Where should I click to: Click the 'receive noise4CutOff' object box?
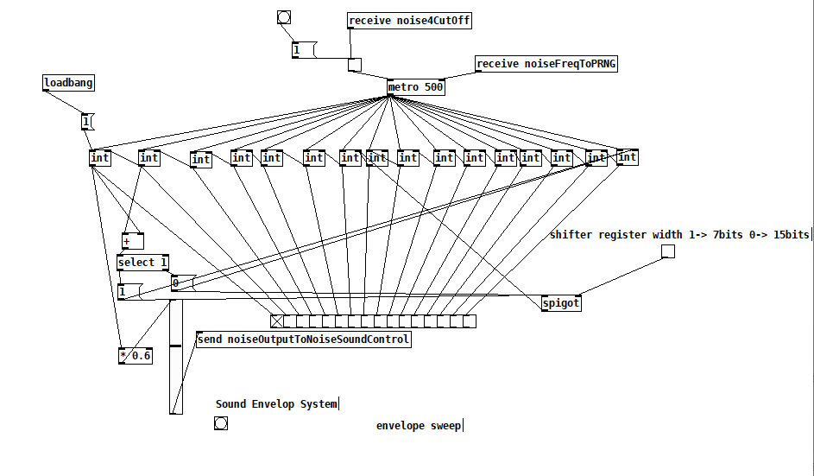[410, 21]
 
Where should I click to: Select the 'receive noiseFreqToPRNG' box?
[546, 64]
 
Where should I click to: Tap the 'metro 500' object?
[415, 87]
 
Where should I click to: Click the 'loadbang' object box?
[68, 84]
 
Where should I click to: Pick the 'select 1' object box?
[142, 263]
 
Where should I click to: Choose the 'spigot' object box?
[560, 303]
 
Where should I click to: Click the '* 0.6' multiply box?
[136, 356]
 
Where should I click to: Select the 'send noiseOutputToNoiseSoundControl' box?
[303, 340]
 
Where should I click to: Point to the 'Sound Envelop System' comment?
[276, 403]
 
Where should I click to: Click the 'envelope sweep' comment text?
[419, 425]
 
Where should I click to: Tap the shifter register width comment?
[679, 234]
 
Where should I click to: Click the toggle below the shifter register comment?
[667, 251]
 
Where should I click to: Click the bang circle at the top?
[284, 17]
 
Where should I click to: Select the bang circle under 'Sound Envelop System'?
[221, 423]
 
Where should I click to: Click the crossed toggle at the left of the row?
[276, 321]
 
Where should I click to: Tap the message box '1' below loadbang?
[86, 122]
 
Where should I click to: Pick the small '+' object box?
[132, 241]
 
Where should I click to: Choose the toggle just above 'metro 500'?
[354, 64]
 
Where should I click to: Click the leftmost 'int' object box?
[100, 157]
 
